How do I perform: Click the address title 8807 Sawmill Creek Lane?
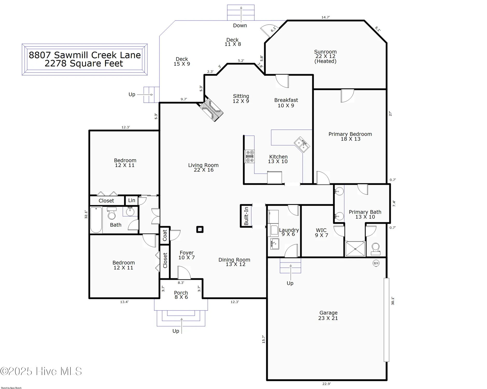click(84, 55)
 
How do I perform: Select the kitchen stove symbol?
click(250, 157)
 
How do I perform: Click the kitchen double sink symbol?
click(302, 144)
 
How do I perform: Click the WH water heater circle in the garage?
click(376, 263)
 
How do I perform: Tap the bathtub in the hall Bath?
click(96, 220)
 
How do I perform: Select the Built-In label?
click(246, 216)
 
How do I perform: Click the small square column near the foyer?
click(200, 230)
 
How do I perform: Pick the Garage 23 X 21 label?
click(328, 316)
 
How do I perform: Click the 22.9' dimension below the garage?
click(326, 384)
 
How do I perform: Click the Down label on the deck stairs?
click(240, 25)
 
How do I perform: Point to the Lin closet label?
click(132, 200)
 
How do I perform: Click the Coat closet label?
click(165, 235)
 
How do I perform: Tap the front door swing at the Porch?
click(184, 273)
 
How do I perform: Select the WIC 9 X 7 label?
click(321, 233)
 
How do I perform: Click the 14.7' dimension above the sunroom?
click(325, 17)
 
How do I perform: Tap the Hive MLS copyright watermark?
click(41, 371)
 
